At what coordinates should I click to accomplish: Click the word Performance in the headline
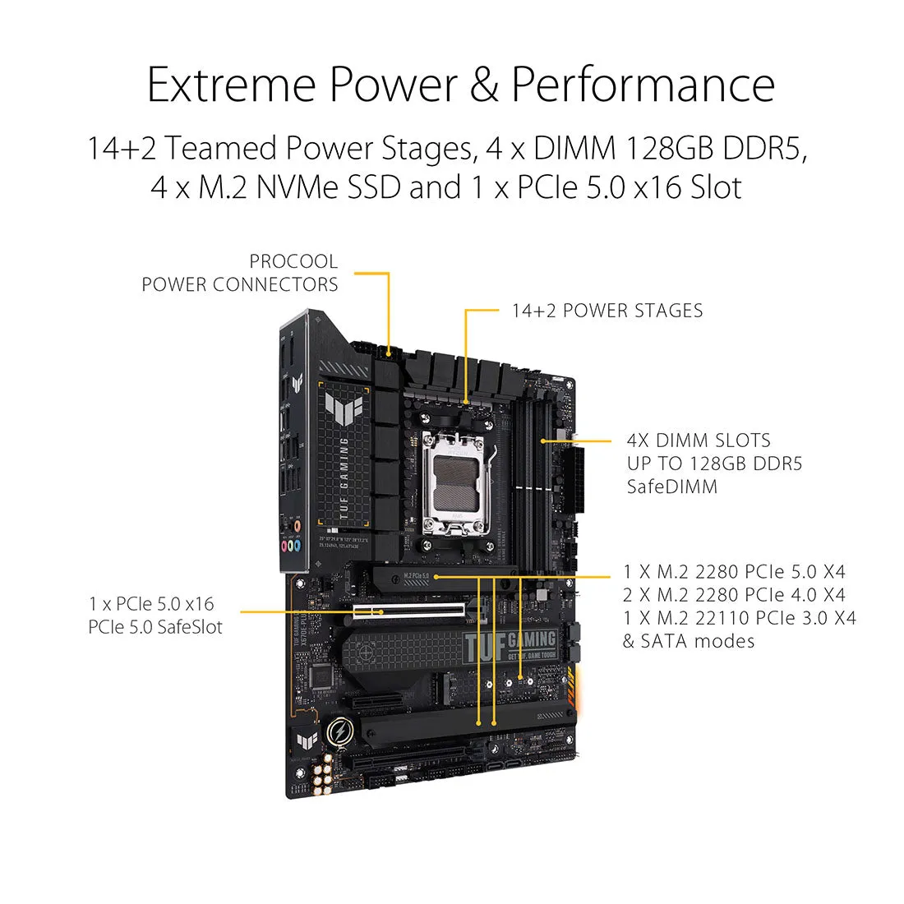click(643, 84)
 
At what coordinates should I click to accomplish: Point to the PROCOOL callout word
click(293, 261)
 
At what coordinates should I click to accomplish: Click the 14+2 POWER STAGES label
click(607, 311)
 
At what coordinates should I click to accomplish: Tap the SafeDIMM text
click(671, 487)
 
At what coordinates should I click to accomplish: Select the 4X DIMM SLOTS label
click(698, 440)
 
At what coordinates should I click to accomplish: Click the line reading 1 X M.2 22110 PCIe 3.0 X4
click(739, 618)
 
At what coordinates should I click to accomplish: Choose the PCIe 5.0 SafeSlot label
click(155, 626)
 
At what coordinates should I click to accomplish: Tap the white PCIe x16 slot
click(407, 611)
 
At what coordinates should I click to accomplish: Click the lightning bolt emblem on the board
click(339, 731)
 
